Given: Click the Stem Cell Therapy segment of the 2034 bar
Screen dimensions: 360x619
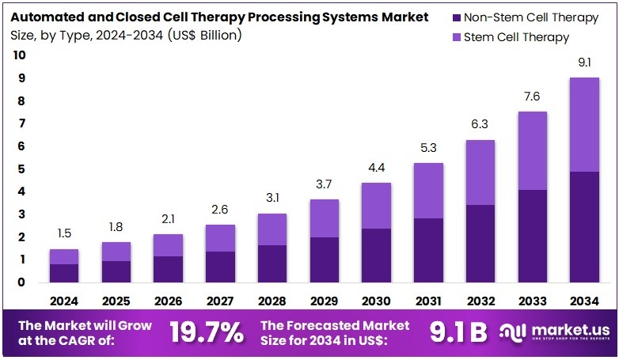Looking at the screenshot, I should [584, 124].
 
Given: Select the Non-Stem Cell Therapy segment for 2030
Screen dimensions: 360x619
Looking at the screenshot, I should [376, 255].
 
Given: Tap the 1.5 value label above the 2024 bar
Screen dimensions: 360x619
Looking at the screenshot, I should [64, 233].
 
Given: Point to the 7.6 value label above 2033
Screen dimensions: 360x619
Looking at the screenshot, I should [533, 97].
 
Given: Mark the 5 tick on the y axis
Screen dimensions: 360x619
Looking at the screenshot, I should [20, 169].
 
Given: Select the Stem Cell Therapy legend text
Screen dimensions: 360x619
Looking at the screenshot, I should [517, 37].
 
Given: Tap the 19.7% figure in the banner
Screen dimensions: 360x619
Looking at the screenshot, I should [207, 332].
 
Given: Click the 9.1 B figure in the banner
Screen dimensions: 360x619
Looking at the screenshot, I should [458, 332].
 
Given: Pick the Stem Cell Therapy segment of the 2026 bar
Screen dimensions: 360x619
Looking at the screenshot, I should [168, 245].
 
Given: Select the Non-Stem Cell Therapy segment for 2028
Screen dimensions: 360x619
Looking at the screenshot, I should [272, 263].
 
